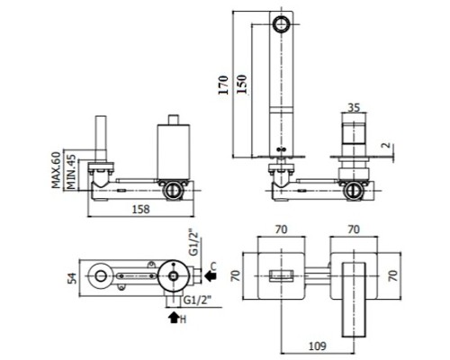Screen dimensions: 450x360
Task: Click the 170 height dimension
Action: (x=223, y=85)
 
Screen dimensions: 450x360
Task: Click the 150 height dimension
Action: (x=241, y=85)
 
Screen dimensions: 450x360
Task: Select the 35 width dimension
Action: (x=354, y=107)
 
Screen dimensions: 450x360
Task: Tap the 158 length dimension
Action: (x=140, y=209)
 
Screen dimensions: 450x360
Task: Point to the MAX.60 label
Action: (x=56, y=170)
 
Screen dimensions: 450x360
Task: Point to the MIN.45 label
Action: (x=71, y=172)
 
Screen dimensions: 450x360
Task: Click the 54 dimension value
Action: (x=72, y=278)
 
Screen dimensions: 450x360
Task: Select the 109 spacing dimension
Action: (x=318, y=346)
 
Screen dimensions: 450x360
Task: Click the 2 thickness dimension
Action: (x=387, y=146)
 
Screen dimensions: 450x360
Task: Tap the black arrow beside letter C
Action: (x=211, y=275)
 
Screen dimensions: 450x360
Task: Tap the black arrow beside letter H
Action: (x=174, y=318)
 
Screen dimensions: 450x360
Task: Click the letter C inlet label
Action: (x=213, y=265)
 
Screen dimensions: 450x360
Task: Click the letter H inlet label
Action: (x=183, y=319)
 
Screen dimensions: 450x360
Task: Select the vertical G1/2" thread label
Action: (x=193, y=243)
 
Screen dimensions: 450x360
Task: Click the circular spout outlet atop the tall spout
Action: (x=282, y=24)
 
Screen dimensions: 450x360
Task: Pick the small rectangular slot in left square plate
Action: (x=281, y=275)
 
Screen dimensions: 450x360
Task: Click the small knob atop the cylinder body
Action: (x=174, y=119)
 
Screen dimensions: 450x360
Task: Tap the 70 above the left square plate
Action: (x=281, y=229)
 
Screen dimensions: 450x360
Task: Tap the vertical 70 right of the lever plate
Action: (x=393, y=275)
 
